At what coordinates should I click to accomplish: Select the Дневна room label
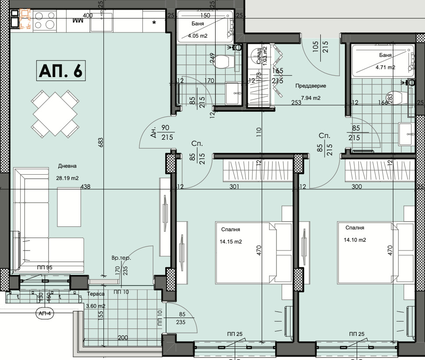tap(67, 166)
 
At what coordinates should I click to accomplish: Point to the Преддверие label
tap(309, 86)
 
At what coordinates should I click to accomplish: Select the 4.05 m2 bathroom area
tap(198, 36)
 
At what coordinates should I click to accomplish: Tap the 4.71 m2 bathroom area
tap(386, 67)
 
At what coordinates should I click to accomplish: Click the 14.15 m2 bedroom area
tap(231, 241)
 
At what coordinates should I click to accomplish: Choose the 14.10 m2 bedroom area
tap(355, 240)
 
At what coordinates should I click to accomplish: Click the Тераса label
tap(96, 294)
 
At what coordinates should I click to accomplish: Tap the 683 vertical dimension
tap(101, 143)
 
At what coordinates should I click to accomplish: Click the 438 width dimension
tap(85, 187)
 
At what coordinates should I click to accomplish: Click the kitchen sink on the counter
tap(102, 21)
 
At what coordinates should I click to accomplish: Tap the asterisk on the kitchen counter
tap(154, 22)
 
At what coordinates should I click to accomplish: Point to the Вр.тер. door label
tap(121, 258)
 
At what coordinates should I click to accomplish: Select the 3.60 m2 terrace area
tap(95, 306)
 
